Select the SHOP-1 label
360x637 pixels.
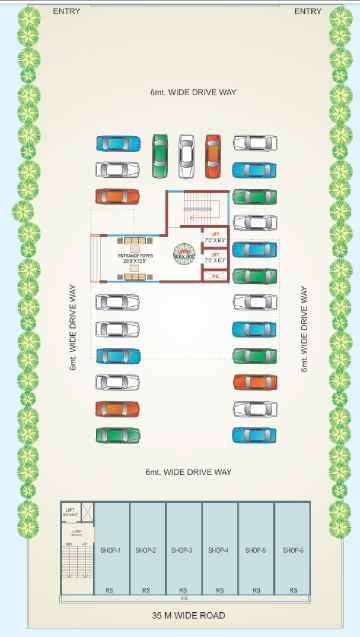click(x=111, y=550)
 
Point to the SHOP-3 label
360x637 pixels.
click(x=181, y=550)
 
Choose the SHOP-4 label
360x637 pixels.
click(x=217, y=550)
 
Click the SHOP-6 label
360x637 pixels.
click(x=292, y=550)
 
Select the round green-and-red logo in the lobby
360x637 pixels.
click(x=185, y=254)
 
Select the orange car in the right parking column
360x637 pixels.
click(x=255, y=382)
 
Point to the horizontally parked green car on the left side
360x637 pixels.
click(x=117, y=435)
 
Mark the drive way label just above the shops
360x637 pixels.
click(x=189, y=470)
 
